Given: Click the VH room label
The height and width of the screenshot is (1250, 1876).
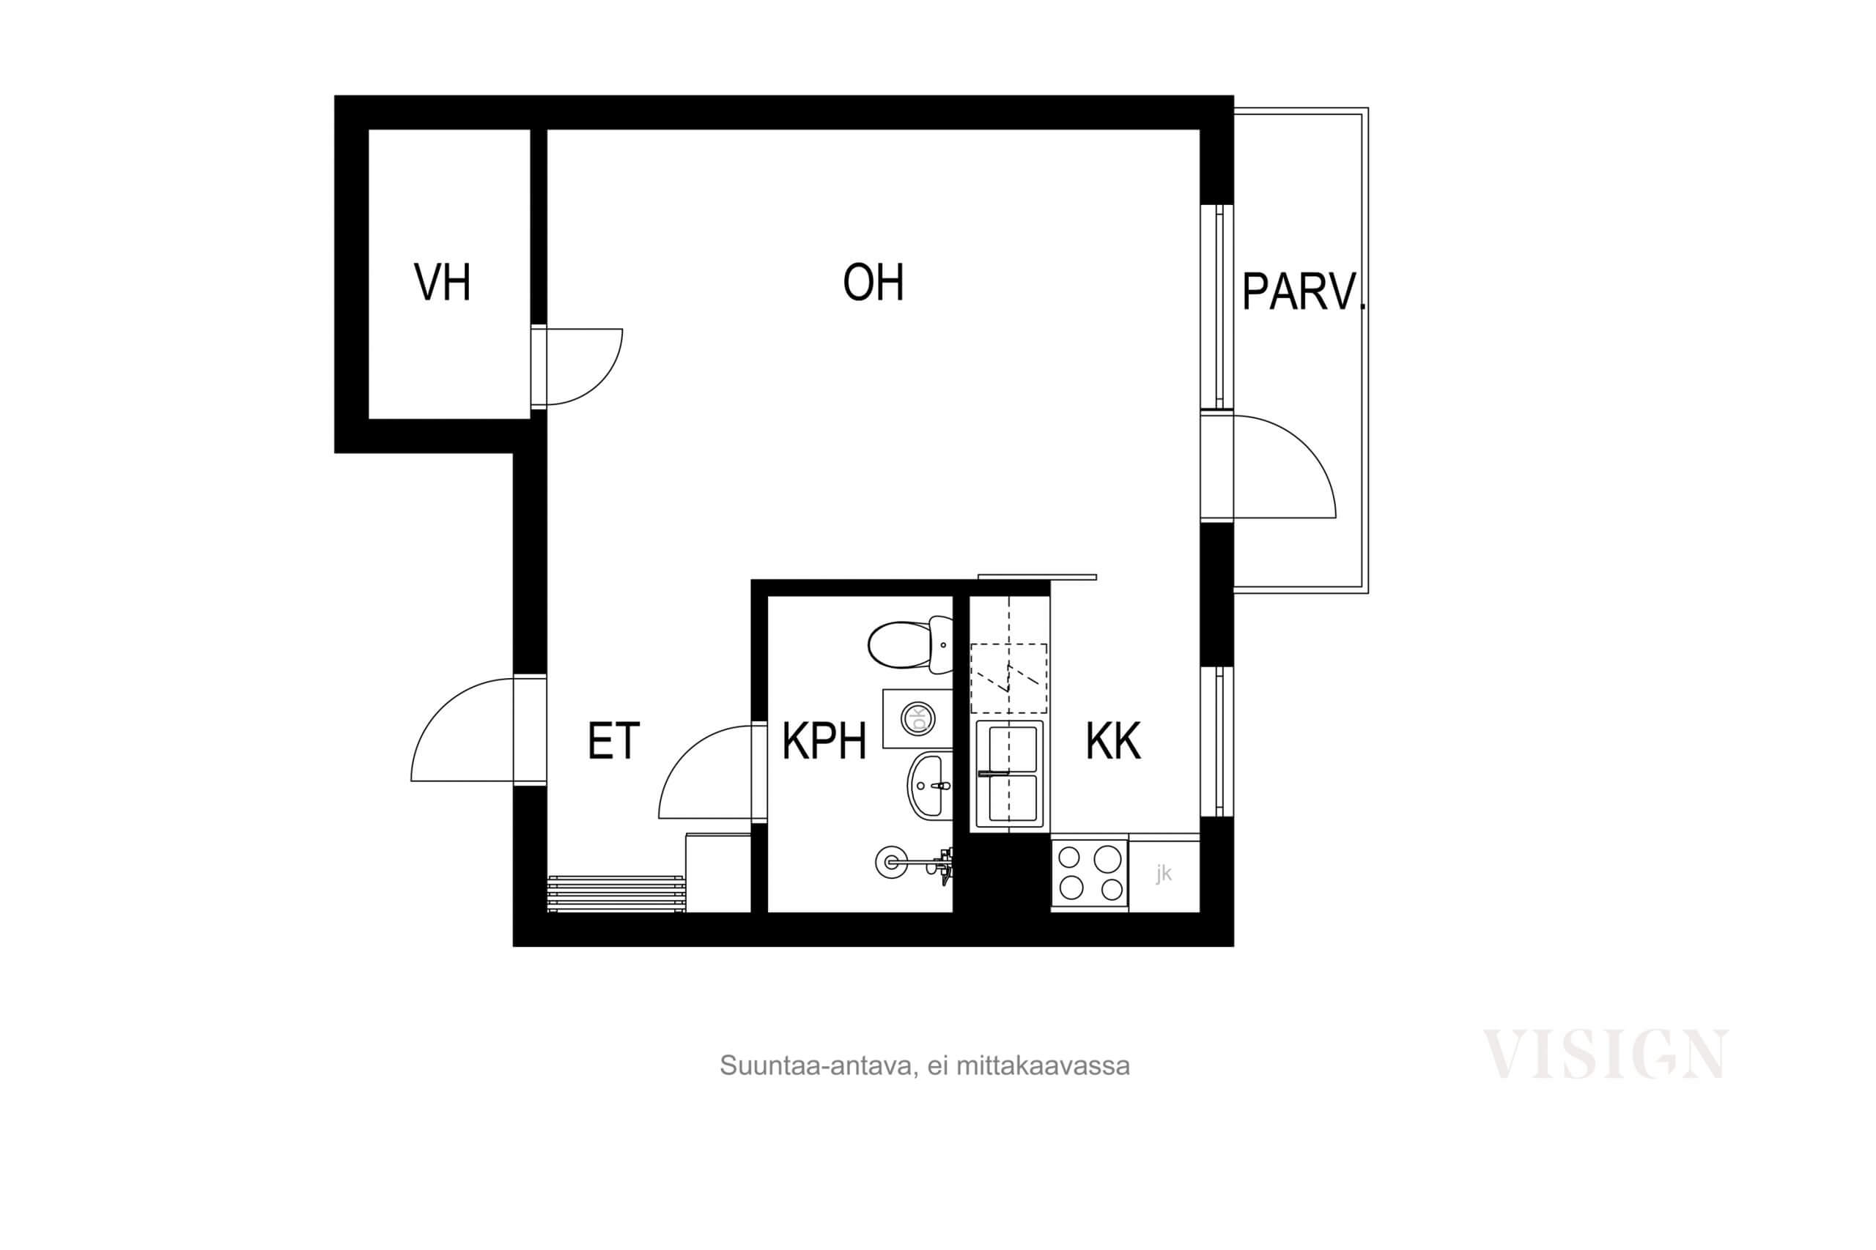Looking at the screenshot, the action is click(442, 282).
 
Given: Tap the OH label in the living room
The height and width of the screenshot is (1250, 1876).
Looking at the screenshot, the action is click(874, 283).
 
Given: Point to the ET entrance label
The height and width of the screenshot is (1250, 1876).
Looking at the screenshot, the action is click(613, 741).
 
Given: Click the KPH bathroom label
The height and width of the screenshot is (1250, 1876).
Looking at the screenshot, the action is click(824, 741).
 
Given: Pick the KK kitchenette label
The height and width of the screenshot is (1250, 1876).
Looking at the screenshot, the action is click(1113, 741).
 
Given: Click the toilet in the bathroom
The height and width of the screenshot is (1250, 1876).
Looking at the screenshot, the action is click(909, 644).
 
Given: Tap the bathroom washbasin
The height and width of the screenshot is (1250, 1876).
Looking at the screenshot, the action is click(930, 785).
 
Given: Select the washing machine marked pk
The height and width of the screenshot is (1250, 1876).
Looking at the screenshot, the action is click(917, 719).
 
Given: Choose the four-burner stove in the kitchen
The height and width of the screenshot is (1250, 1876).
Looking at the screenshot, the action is click(1090, 874).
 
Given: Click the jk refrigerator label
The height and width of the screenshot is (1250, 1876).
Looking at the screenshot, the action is click(1164, 874).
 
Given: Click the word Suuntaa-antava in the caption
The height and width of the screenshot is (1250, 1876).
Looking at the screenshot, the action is click(816, 1066).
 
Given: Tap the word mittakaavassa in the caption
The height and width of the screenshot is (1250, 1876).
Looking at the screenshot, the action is click(1043, 1066).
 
